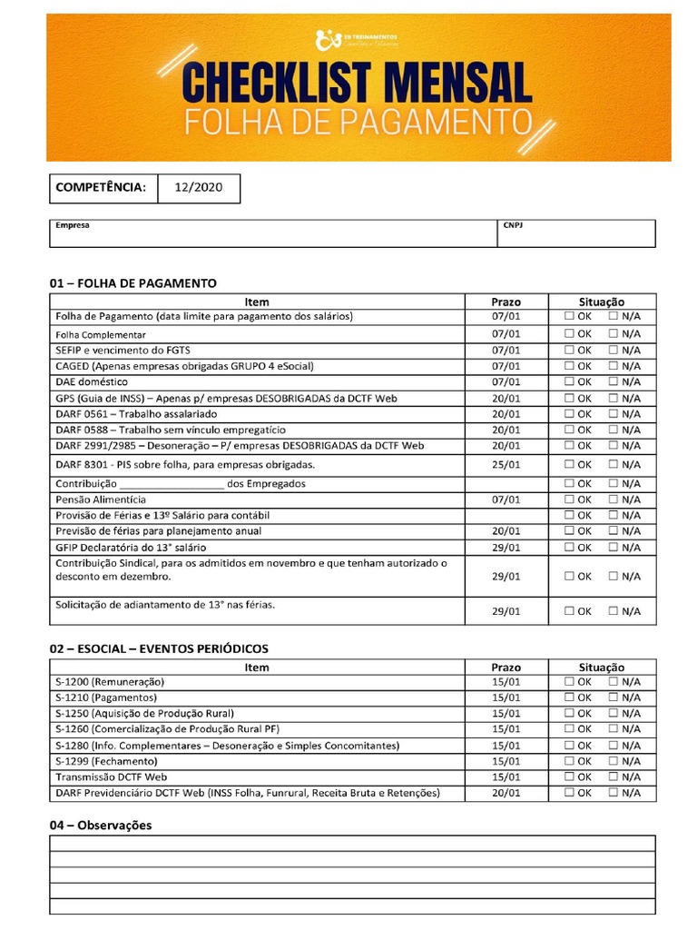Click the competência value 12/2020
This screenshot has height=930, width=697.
198,188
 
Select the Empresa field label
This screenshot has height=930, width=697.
73,225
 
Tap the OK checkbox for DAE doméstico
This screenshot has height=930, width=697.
569,382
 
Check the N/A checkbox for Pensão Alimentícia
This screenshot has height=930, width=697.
614,500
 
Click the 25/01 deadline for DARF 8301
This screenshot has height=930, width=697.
506,464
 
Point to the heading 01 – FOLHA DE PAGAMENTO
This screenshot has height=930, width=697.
133,283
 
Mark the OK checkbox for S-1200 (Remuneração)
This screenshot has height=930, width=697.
569,682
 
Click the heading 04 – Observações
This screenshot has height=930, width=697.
100,825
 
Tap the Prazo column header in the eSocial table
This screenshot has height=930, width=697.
506,667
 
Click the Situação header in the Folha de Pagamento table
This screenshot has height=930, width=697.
602,302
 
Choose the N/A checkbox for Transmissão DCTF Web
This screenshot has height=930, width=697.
614,777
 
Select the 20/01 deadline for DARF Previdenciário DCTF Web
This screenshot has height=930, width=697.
506,793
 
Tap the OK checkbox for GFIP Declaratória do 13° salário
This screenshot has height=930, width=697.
569,548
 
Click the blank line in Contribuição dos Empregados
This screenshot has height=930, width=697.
172,483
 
